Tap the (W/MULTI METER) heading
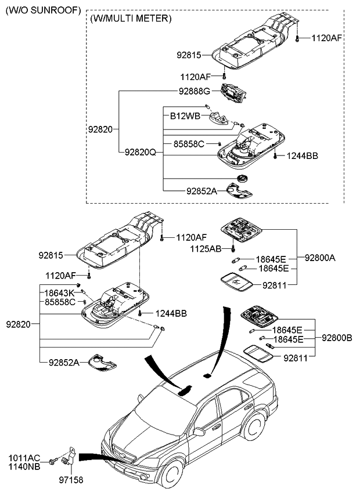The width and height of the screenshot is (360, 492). [131, 19]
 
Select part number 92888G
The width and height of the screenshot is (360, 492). [196, 91]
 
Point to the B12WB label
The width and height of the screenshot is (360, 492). [185, 116]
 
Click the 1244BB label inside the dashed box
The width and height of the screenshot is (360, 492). [303, 156]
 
